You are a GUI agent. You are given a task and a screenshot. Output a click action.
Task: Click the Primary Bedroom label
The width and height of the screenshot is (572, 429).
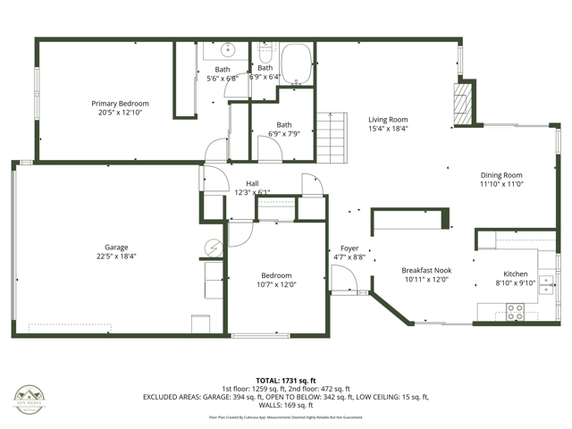tap(120, 104)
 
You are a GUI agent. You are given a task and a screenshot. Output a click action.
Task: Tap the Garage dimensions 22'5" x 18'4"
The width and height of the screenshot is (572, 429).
tap(116, 257)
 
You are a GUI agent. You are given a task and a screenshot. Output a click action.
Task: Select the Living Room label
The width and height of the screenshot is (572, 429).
tap(388, 119)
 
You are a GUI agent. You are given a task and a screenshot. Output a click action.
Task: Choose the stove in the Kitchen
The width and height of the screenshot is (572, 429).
tap(516, 312)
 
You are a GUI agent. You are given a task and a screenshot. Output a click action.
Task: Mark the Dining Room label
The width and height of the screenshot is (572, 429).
tap(500, 175)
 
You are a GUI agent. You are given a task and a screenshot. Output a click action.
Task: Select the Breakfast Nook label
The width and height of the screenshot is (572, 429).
tap(425, 270)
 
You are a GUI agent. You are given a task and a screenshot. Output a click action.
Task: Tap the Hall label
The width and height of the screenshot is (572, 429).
tap(252, 183)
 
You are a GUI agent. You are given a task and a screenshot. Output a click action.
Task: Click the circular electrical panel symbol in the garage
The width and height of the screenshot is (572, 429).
tap(214, 247)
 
